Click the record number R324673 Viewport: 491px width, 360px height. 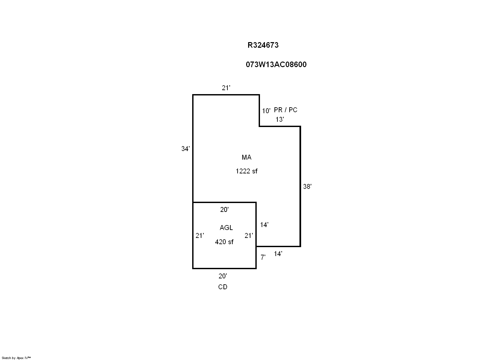(x=263, y=45)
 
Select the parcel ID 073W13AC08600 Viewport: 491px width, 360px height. (x=276, y=64)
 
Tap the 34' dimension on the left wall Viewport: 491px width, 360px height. (x=185, y=149)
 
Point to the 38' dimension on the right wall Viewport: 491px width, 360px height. (x=307, y=187)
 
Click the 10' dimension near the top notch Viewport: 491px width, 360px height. (x=266, y=111)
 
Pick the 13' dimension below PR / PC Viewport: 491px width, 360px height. (x=280, y=119)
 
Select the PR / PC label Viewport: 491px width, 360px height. (x=286, y=110)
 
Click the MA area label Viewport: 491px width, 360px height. (x=246, y=157)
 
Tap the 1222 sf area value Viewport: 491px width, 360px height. (x=246, y=171)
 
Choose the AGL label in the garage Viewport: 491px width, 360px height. (x=226, y=228)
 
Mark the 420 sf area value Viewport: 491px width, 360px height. (x=224, y=242)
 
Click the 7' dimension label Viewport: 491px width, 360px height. (x=263, y=257)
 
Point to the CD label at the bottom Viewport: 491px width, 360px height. (x=223, y=287)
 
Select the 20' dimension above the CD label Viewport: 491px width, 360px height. (x=223, y=276)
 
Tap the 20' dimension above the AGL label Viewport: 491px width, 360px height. (x=224, y=210)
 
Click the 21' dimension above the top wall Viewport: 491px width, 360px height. (x=226, y=88)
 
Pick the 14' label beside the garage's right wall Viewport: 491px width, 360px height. (x=264, y=225)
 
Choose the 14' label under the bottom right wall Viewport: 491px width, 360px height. (x=278, y=254)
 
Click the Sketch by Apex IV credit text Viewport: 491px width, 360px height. (x=16, y=358)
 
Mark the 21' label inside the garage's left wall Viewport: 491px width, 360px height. (x=200, y=236)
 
